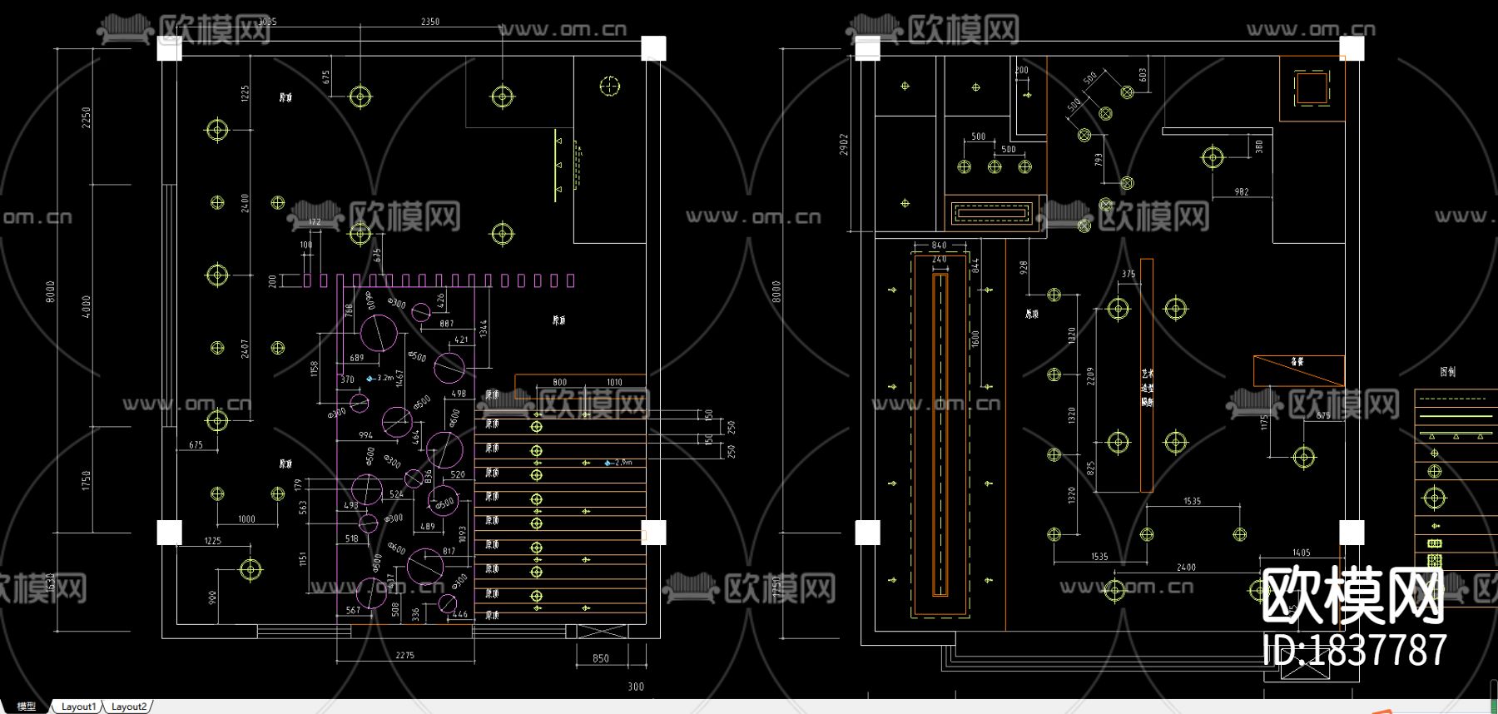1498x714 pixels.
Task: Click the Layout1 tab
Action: (78, 707)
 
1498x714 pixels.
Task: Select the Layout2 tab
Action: (129, 707)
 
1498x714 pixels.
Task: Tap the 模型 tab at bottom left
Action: (27, 707)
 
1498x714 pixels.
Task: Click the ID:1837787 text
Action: (1355, 650)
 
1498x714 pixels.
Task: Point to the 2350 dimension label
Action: (430, 22)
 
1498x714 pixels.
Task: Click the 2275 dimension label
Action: (404, 656)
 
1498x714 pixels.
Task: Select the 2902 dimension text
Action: (844, 145)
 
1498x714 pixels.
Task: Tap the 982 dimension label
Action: (1242, 192)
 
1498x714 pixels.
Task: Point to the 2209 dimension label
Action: (1090, 377)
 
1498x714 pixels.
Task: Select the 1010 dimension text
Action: (614, 383)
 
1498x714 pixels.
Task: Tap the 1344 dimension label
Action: (484, 329)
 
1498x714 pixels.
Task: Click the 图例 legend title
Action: (1448, 372)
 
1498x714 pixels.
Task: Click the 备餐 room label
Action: (1297, 362)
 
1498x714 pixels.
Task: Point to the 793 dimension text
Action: (1099, 158)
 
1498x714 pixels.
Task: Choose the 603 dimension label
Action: (1143, 75)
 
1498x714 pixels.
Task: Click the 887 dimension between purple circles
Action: (447, 324)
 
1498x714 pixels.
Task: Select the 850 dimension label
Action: (601, 658)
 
